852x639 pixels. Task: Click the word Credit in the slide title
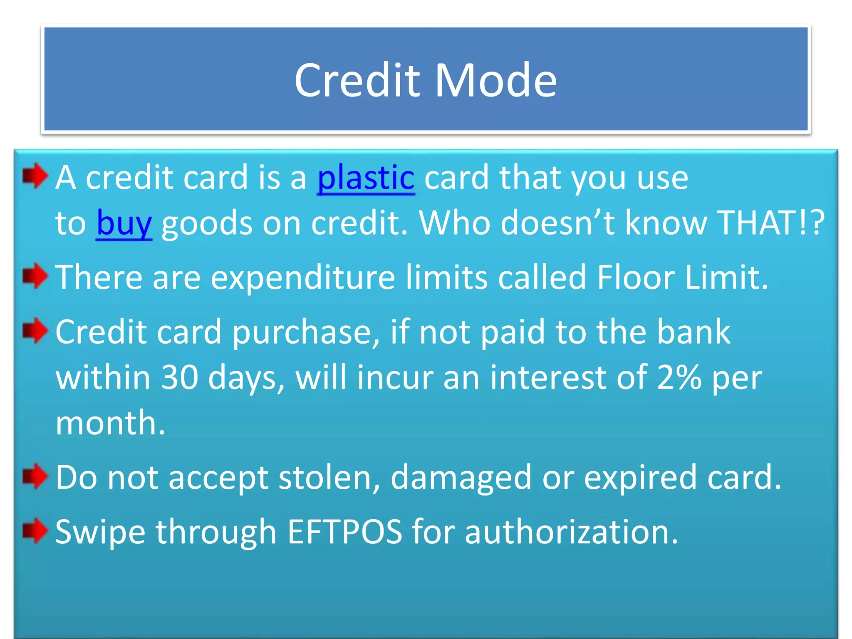[x=357, y=80]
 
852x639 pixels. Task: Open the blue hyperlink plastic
[x=366, y=178]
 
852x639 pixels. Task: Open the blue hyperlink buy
[x=124, y=223]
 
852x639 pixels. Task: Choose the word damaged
[x=461, y=478]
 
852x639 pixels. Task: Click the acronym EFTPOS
[x=345, y=532]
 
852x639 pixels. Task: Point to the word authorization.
[x=571, y=532]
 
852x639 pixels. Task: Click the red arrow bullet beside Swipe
[x=35, y=530]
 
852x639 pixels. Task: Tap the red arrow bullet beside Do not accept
[x=35, y=476]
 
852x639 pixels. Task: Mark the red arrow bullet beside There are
[x=35, y=275]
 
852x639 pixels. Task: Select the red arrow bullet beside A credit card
[x=35, y=176]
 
